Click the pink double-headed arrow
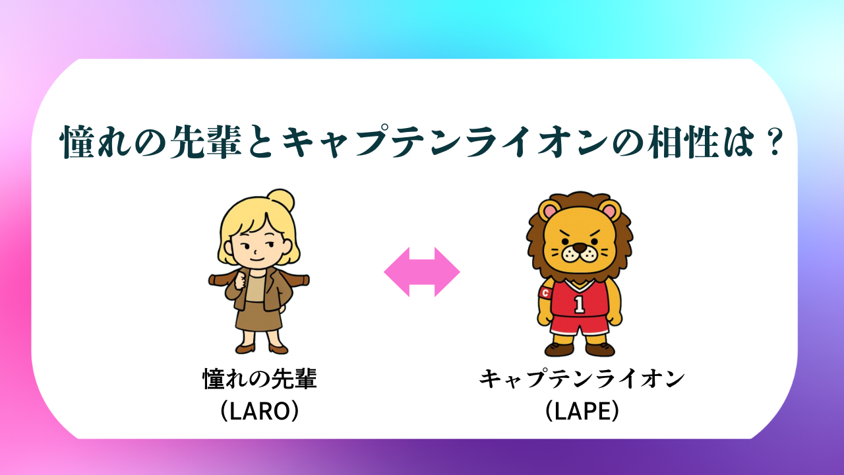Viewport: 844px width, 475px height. coord(422,272)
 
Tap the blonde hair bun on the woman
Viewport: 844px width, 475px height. coord(280,200)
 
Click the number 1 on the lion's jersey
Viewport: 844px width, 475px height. coord(579,305)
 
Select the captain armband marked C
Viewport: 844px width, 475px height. coord(545,293)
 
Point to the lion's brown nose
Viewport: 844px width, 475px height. coord(580,247)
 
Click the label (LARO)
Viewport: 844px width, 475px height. coord(260,410)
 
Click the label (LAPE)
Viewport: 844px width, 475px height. coord(582,410)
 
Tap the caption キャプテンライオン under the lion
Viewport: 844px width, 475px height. coord(582,379)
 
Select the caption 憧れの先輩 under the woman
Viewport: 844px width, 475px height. coord(260,379)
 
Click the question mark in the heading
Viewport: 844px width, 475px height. coord(775,142)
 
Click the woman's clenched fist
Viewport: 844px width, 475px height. coord(241,281)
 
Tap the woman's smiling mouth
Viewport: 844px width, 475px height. coord(257,260)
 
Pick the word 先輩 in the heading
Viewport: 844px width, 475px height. coord(206,142)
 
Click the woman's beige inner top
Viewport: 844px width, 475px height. coord(255,288)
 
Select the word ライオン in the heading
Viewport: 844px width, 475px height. coord(536,142)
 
